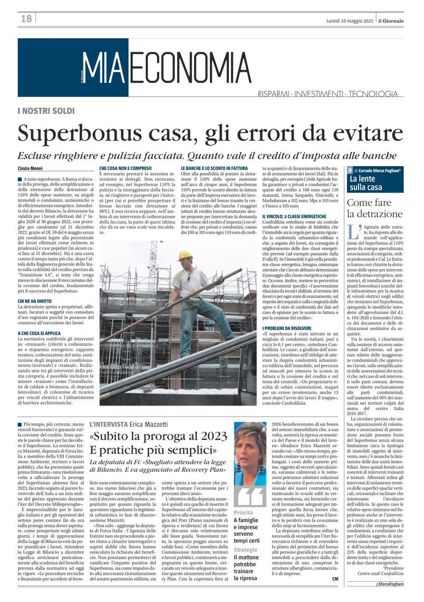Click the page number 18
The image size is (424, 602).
[26, 18]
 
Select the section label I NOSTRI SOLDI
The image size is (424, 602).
[46, 112]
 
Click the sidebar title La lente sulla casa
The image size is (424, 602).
[365, 183]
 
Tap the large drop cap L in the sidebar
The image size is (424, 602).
[353, 232]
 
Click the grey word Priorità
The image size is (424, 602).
[243, 513]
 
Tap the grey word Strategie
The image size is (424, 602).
[245, 550]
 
